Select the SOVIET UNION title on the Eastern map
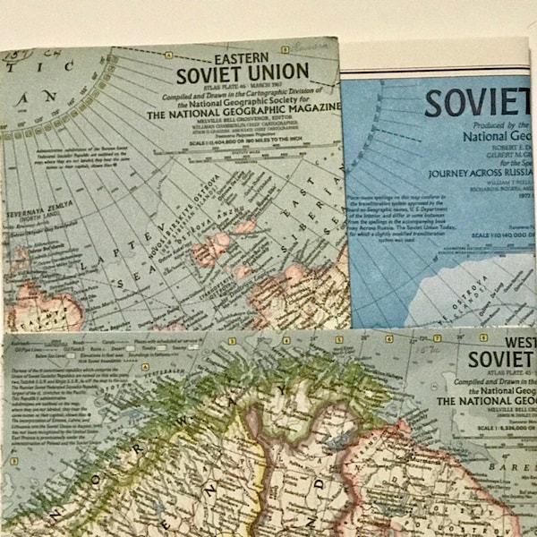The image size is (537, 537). click(243, 72)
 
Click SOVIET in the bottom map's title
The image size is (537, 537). click(501, 360)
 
